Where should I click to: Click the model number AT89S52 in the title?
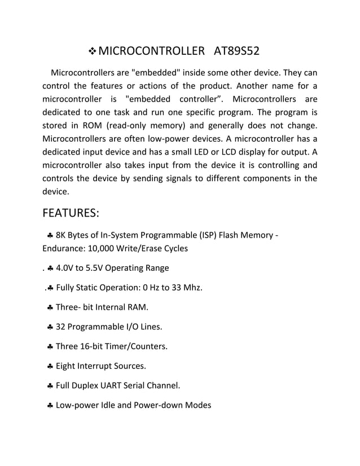(237, 52)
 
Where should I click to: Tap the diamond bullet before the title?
(92, 52)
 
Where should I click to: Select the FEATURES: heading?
(71, 214)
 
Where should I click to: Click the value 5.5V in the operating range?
(101, 268)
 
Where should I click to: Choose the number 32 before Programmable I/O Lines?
(61, 327)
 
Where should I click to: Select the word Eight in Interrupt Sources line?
(67, 366)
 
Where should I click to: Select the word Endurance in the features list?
(64, 248)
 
